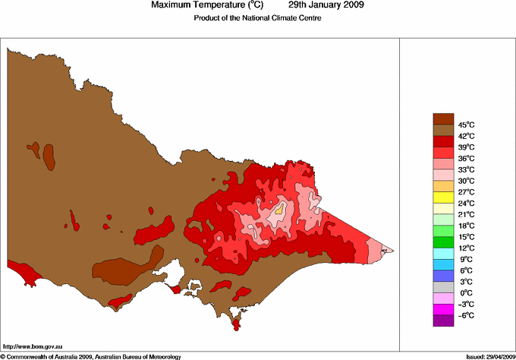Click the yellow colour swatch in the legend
443,197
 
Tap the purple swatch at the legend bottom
443,321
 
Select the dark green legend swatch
443,242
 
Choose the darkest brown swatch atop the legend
443,118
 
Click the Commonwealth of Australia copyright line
91,355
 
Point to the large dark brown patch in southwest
121,268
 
